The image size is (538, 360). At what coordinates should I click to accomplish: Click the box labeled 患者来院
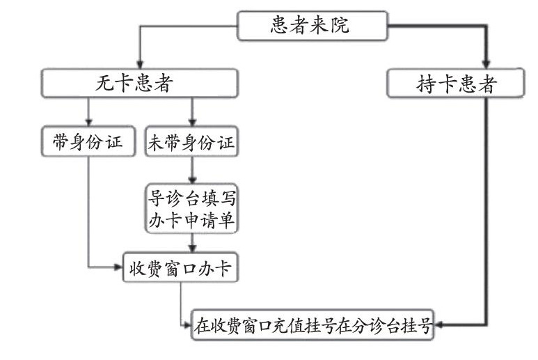click(312, 26)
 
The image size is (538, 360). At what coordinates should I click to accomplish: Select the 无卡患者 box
click(140, 84)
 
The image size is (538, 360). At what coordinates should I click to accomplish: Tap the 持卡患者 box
click(456, 84)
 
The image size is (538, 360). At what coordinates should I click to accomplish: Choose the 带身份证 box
click(88, 141)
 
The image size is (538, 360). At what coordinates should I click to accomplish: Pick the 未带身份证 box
click(192, 141)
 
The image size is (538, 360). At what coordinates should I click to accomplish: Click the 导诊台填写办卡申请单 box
click(192, 209)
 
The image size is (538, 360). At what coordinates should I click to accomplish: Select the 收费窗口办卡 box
click(180, 267)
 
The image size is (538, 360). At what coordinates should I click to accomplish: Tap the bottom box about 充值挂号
click(312, 325)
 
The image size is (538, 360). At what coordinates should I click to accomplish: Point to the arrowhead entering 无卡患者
click(140, 65)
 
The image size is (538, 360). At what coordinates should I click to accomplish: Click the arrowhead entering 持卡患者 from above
click(486, 65)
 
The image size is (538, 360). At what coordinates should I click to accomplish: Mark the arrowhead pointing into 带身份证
click(88, 122)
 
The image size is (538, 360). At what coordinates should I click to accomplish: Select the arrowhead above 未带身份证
click(192, 122)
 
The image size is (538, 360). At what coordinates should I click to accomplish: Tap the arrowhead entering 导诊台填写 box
click(192, 180)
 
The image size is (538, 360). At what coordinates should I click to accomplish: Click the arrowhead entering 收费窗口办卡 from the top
click(192, 249)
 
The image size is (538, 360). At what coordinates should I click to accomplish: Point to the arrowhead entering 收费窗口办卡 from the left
click(119, 267)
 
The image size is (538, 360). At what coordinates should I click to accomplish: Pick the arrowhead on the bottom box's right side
click(438, 324)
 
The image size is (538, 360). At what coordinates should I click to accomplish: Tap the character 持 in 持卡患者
click(426, 84)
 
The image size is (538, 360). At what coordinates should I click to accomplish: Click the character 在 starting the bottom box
click(202, 325)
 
